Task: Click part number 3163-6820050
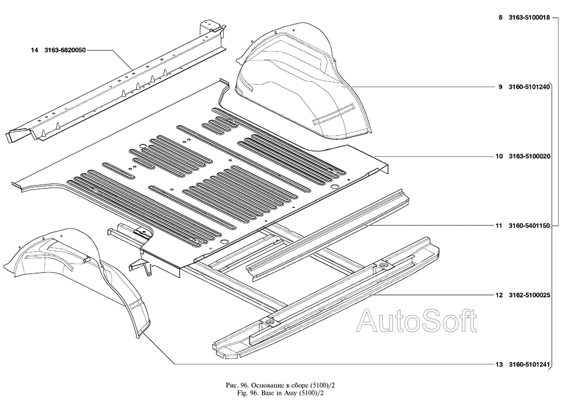[x=65, y=50]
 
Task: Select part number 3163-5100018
[x=529, y=18]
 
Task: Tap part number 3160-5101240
[x=529, y=87]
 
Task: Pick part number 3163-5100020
[x=529, y=156]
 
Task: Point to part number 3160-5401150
[x=529, y=226]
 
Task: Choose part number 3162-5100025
[x=529, y=295]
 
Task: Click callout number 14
[x=34, y=50]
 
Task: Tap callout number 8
[x=501, y=18]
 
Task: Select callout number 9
[x=501, y=87]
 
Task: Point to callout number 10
[x=499, y=156]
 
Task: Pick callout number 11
[x=499, y=226]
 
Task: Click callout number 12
[x=499, y=295]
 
